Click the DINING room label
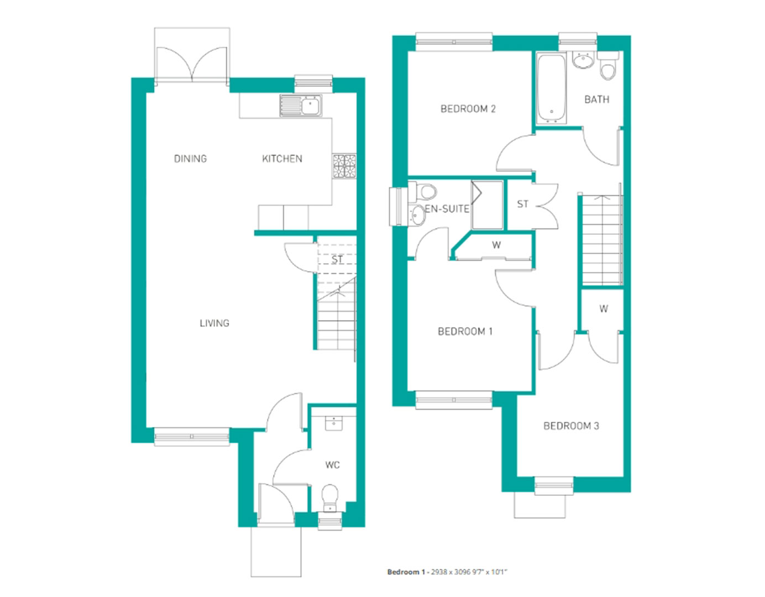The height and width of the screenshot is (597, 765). point(190,159)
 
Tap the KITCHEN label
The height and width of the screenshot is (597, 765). point(282,159)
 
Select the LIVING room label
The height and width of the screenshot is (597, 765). point(214,323)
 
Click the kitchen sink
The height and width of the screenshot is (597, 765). point(301,106)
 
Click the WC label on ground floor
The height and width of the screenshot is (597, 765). point(332,465)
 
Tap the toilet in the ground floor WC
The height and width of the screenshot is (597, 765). point(330,498)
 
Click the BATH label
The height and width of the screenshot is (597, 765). point(597,99)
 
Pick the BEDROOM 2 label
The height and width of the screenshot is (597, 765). point(468,109)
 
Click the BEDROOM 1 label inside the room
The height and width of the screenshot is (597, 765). point(465,331)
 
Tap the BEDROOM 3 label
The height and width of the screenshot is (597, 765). point(571,426)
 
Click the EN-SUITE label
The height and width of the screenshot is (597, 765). point(447,209)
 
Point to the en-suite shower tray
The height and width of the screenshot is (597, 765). point(487,205)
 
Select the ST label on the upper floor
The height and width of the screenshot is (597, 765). point(523,204)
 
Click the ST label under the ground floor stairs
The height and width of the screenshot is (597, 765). point(337,259)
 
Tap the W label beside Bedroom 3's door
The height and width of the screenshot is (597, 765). point(604,308)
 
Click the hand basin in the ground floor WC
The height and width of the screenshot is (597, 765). point(333,423)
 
